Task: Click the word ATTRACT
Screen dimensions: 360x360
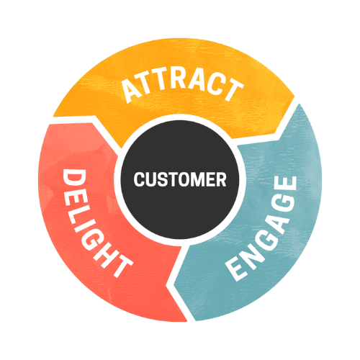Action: click(x=182, y=86)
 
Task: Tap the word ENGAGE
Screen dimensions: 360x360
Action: click(x=262, y=228)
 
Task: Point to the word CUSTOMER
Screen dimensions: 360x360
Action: click(x=180, y=179)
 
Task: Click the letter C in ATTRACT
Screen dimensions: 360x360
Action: click(x=215, y=84)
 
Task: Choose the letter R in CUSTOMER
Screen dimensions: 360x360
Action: click(x=222, y=179)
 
